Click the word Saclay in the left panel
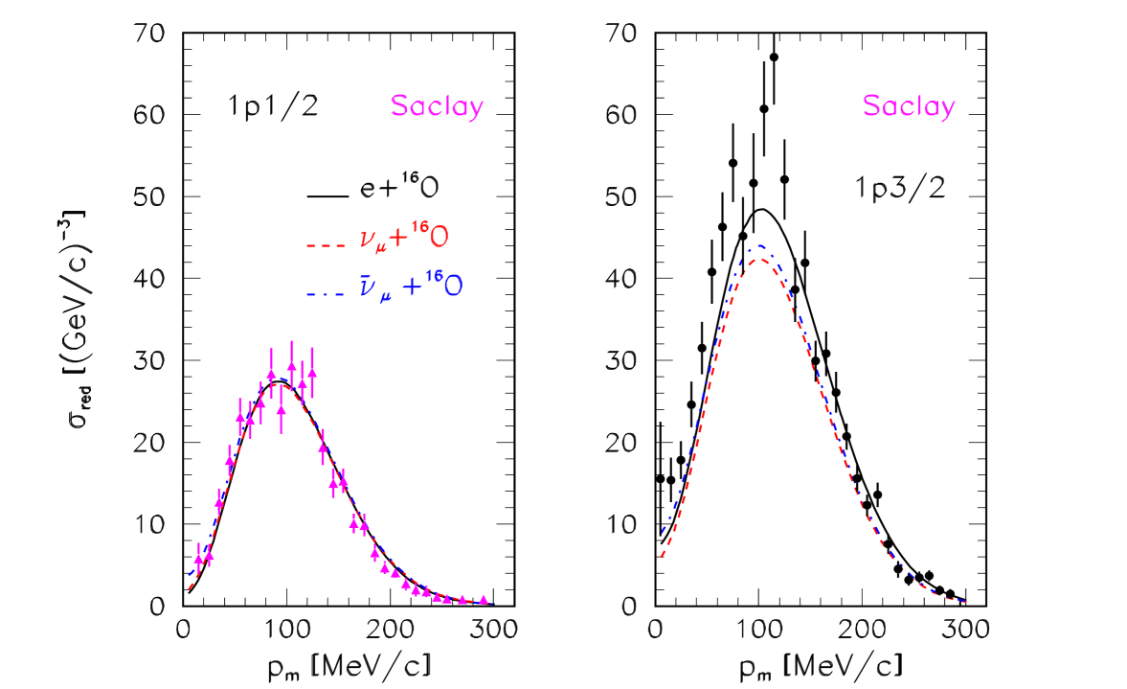click(x=437, y=106)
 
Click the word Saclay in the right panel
click(x=908, y=106)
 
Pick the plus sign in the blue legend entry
click(x=411, y=287)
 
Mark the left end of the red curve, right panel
click(x=661, y=556)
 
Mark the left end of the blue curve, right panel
click(x=662, y=530)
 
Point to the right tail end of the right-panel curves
click(x=966, y=602)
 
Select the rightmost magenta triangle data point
click(x=484, y=600)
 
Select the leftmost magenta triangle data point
click(x=198, y=558)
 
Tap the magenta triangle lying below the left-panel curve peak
click(x=282, y=408)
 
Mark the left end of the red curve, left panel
click(x=190, y=588)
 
